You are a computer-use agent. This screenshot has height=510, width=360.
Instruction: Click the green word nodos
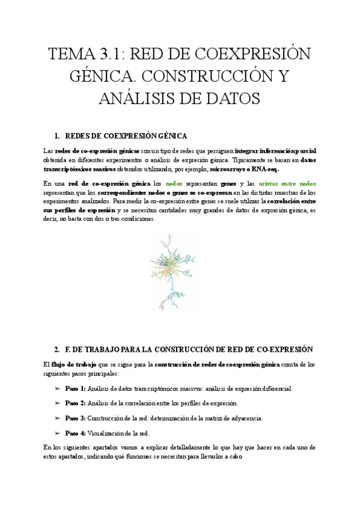[174, 183]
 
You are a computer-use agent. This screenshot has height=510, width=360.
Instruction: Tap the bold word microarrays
[227, 169]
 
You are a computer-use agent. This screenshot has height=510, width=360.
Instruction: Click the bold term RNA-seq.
[264, 169]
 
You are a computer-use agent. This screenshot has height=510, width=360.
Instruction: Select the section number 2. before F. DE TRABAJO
[57, 349]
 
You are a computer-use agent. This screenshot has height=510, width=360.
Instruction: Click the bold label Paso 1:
[75, 389]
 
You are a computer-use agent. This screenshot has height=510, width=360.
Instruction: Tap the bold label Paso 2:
[75, 403]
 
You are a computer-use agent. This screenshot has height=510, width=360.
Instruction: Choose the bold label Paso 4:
[75, 432]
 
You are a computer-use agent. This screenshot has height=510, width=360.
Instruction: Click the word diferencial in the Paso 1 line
[276, 389]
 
